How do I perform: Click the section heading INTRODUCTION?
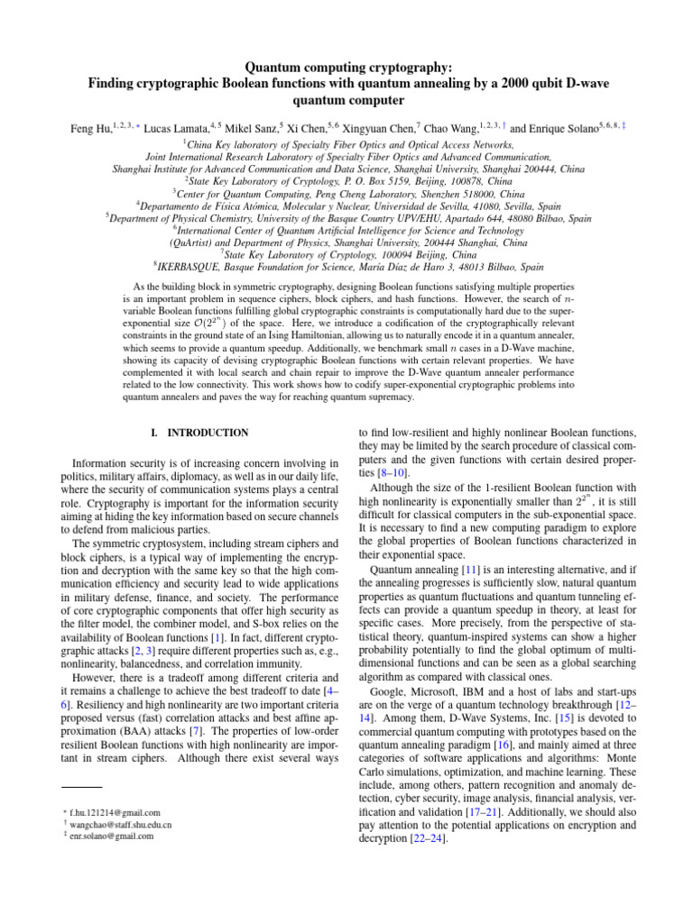204,433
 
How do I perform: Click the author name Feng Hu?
88,130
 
